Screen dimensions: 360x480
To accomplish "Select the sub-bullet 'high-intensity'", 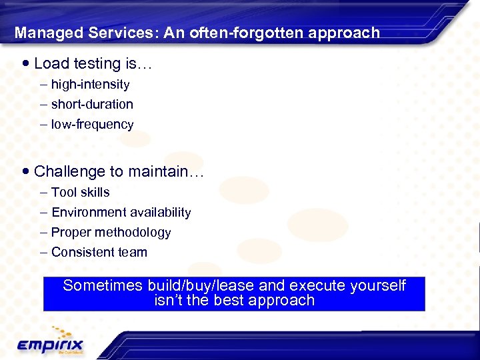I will click(x=90, y=85).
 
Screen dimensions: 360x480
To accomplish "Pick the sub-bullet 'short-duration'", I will click(x=92, y=105).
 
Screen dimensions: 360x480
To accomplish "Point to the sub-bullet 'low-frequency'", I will click(x=92, y=125).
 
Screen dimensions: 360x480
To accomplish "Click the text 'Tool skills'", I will click(x=80, y=193).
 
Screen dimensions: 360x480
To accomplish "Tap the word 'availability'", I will click(x=161, y=213).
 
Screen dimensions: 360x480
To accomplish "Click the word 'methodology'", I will click(x=136, y=233).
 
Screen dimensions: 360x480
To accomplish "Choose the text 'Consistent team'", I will click(x=99, y=253).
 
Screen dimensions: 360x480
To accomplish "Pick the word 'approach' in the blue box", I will click(x=281, y=301).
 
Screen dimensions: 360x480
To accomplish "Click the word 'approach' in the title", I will click(x=346, y=33).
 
